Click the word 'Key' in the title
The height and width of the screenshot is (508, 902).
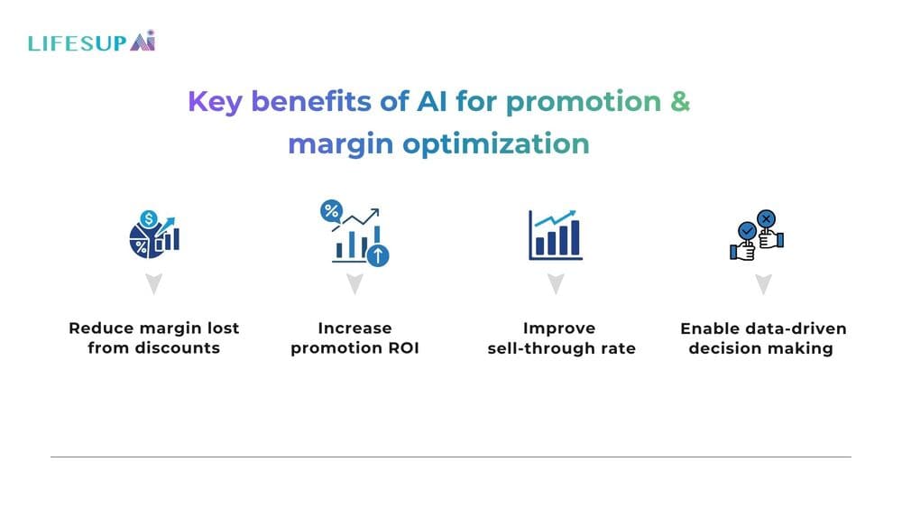(215, 102)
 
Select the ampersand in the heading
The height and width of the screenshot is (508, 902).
(680, 102)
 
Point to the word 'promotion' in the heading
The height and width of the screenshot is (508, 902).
(584, 102)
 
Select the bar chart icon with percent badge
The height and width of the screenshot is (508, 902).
(354, 234)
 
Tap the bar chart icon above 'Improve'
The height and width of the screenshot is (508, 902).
(556, 234)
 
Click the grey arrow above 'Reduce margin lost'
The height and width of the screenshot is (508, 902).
(153, 285)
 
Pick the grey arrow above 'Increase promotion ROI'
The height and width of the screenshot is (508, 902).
(354, 285)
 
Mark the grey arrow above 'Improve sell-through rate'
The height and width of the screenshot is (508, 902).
(556, 285)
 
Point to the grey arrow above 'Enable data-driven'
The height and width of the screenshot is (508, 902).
(763, 285)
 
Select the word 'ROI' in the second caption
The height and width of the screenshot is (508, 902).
(402, 348)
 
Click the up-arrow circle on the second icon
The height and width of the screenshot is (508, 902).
(379, 255)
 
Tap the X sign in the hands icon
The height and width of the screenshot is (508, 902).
(767, 217)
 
